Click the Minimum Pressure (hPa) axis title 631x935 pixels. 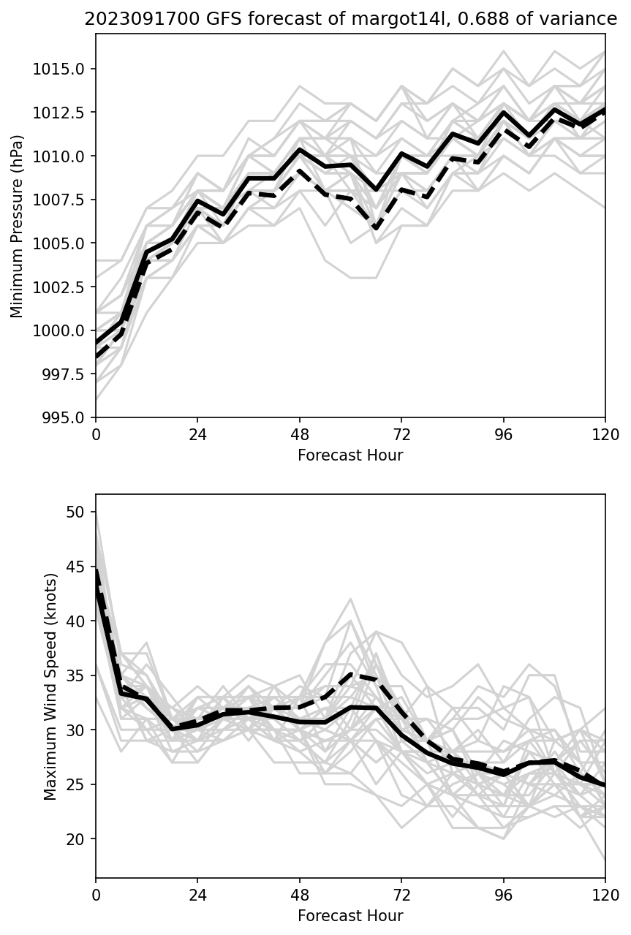click(x=18, y=226)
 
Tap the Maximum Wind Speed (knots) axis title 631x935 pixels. click(x=50, y=686)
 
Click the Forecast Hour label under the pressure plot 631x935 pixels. click(x=350, y=455)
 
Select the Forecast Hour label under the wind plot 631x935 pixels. click(x=350, y=915)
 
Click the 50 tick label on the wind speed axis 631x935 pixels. click(x=76, y=511)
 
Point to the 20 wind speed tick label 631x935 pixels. click(x=76, y=839)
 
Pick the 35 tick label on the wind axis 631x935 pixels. click(x=76, y=675)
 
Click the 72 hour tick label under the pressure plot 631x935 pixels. click(x=401, y=434)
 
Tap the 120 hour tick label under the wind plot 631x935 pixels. click(x=605, y=894)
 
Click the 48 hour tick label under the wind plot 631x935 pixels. click(x=300, y=894)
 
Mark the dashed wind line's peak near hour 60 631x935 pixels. click(x=351, y=673)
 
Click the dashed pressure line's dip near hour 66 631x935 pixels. click(x=376, y=228)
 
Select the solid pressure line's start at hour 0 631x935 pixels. click(x=97, y=343)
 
